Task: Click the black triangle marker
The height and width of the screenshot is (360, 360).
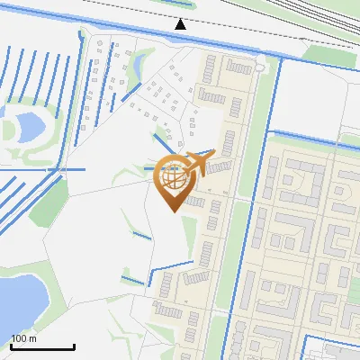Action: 181,23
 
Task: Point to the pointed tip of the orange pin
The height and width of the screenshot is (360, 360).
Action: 172,211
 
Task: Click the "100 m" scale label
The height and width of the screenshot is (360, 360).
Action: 23,338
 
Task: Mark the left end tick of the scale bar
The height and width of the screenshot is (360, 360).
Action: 10,346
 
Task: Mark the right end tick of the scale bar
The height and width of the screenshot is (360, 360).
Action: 74,346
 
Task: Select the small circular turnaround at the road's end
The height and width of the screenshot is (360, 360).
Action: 260,65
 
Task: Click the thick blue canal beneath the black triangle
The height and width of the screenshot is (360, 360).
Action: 180,37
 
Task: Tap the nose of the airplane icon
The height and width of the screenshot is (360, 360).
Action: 212,156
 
